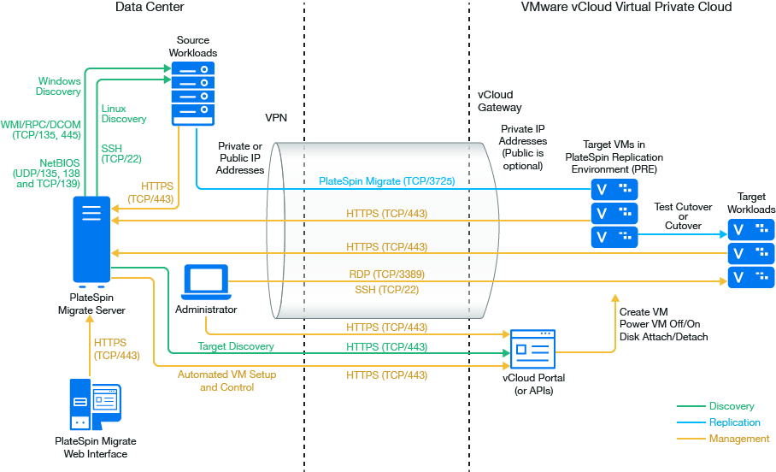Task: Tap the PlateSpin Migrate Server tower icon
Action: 91,241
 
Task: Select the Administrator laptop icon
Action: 206,283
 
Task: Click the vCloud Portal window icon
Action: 532,349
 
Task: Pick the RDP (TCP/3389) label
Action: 387,274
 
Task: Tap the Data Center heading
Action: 150,7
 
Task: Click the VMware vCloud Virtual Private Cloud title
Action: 626,7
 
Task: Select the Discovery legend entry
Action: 731,406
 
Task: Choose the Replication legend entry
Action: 734,422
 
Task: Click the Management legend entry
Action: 738,439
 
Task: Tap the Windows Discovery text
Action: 59,86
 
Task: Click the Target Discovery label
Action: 236,346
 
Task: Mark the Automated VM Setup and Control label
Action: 226,381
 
